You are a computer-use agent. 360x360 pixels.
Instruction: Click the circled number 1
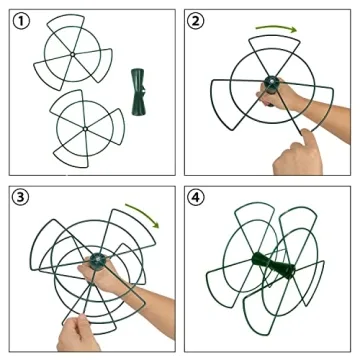point(21,21)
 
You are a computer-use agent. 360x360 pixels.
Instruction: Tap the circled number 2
point(196,21)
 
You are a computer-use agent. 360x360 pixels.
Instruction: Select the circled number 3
point(21,198)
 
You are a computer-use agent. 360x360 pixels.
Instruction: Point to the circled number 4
point(196,198)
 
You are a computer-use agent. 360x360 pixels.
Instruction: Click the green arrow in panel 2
point(276,27)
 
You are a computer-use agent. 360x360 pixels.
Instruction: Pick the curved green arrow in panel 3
point(144,213)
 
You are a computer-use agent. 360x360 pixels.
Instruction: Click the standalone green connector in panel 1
point(138,92)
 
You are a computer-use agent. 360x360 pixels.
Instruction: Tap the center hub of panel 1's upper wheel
point(72,54)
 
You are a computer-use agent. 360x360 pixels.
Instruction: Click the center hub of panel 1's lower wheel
point(85,128)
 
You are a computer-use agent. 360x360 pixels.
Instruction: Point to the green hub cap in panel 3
point(98,259)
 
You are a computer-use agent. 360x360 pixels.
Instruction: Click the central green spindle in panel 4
point(274,264)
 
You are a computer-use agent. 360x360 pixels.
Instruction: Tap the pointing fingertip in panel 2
point(305,134)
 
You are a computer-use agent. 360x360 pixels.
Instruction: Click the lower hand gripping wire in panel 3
point(77,333)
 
